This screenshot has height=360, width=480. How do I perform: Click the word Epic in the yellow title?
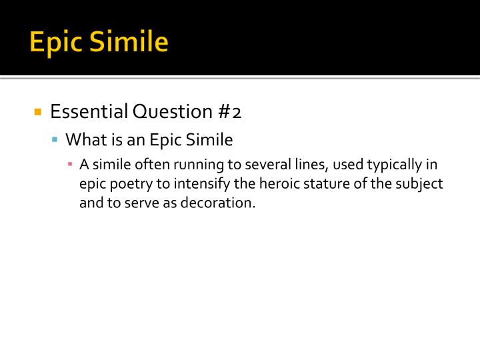pos(56,43)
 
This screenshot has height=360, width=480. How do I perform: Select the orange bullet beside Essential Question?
pos(38,111)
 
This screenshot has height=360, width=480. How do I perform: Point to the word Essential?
pos(89,112)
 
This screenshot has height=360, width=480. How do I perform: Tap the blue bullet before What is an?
pos(55,140)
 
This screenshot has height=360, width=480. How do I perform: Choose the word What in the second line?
pos(83,140)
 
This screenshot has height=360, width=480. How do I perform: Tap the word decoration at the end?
pos(223,203)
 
